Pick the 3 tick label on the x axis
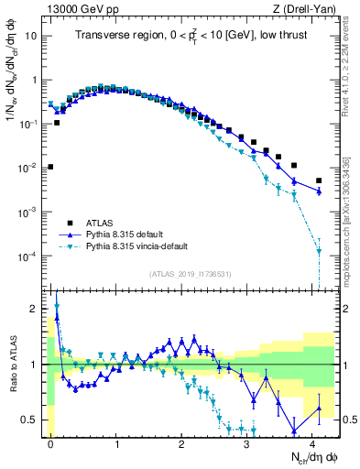(x=248, y=442)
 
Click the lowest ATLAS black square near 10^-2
(x=50, y=167)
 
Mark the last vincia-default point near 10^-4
(x=319, y=251)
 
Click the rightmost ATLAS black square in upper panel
(x=319, y=180)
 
